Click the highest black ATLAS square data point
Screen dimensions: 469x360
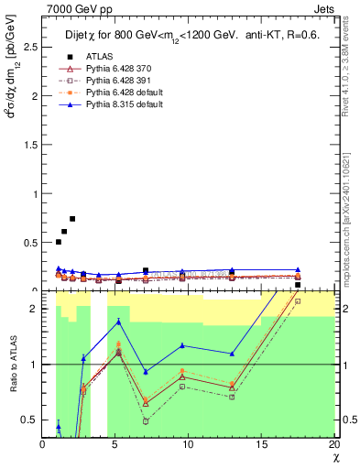click(72, 219)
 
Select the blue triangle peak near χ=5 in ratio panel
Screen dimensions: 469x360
click(118, 322)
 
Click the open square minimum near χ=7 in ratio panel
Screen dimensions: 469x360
click(146, 421)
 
